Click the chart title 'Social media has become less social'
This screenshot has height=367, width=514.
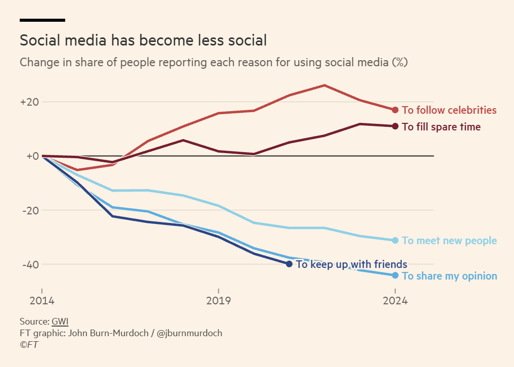[x=143, y=40]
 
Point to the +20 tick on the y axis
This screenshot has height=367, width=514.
[x=29, y=102]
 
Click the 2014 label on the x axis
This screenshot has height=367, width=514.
[x=42, y=301]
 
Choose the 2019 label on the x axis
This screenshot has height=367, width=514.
[x=218, y=301]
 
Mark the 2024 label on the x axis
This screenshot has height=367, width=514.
[x=395, y=301]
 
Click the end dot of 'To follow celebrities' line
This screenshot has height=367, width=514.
[x=395, y=110]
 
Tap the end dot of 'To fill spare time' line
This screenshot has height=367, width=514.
[x=395, y=126]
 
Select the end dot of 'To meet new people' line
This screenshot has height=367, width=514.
[x=395, y=241]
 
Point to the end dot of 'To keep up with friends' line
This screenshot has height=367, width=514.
[x=289, y=264]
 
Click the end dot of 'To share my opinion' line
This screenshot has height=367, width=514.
[x=395, y=276]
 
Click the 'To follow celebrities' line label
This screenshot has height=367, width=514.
[x=449, y=110]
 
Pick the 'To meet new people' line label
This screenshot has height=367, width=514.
[x=449, y=241]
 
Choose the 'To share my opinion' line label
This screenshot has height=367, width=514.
[x=449, y=276]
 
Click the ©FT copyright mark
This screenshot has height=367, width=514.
[x=29, y=345]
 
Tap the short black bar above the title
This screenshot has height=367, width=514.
[x=42, y=20]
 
